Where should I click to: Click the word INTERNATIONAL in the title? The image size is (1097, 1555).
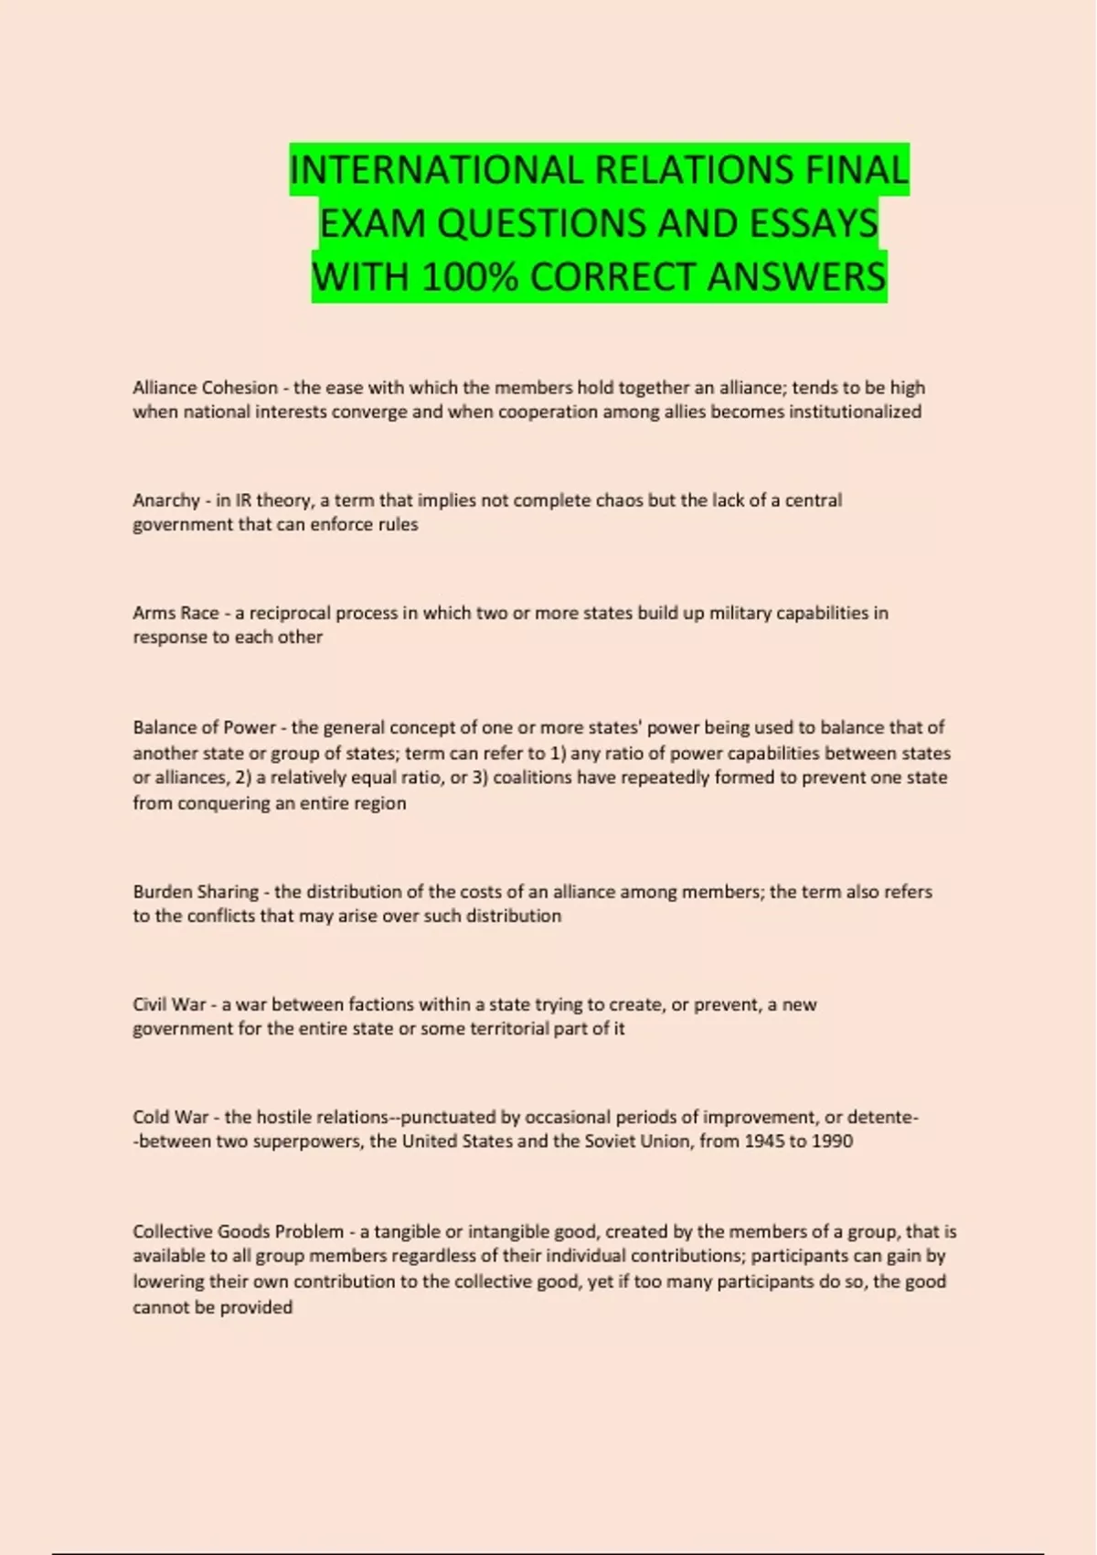point(437,170)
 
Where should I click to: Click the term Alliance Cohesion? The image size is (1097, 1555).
point(205,388)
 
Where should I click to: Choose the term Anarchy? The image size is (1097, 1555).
point(166,500)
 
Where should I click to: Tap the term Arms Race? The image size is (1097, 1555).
point(176,613)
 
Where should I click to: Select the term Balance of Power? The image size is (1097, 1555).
point(204,728)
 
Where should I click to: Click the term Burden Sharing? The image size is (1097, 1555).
point(196,892)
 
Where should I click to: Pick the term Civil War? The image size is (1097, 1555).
point(169,1004)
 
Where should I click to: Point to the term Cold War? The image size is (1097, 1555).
point(171,1117)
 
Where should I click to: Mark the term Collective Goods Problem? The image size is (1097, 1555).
point(238,1232)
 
